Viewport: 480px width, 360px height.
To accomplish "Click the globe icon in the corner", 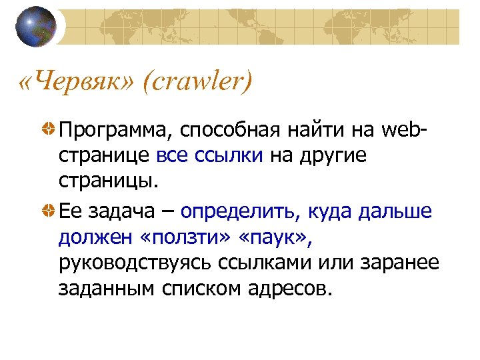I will tap(36, 27).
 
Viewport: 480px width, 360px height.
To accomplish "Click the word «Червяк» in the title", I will tap(78, 83).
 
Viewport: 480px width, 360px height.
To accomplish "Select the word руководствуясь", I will tap(134, 263).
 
